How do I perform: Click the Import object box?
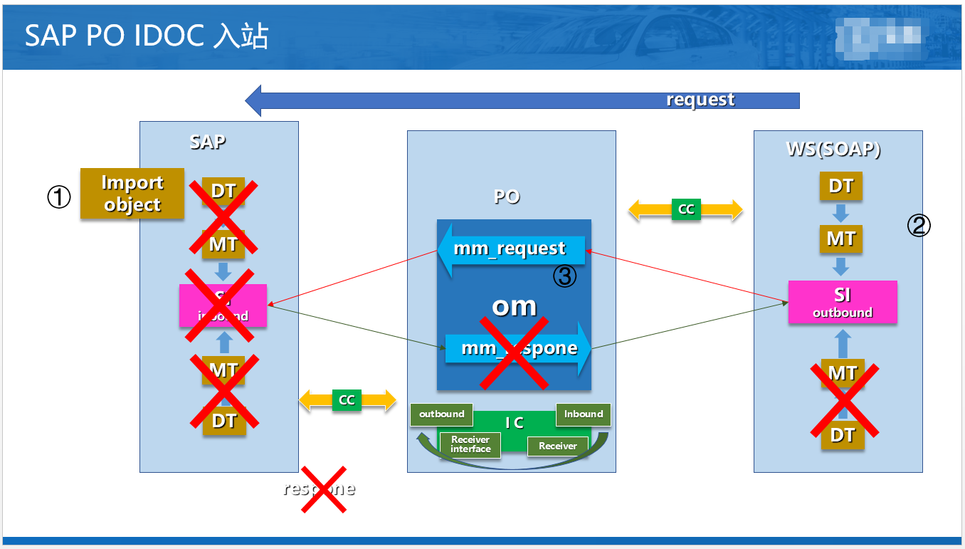click(x=132, y=194)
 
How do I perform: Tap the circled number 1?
click(x=59, y=197)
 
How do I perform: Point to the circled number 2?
click(x=918, y=226)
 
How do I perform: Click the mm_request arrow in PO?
click(x=510, y=249)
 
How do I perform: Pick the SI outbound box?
click(x=843, y=303)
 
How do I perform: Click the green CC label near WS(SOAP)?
click(x=686, y=209)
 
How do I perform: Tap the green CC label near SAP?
click(x=347, y=400)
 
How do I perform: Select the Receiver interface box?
click(x=470, y=444)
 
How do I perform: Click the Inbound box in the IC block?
click(x=583, y=414)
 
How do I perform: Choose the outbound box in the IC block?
click(x=441, y=414)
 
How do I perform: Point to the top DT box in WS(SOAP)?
click(x=841, y=187)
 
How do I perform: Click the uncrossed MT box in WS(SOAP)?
click(x=841, y=239)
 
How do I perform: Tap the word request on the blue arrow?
click(x=700, y=100)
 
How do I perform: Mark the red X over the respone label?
click(x=323, y=489)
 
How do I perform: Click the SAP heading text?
click(x=208, y=142)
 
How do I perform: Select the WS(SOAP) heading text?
click(x=833, y=150)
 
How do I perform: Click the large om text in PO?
click(x=514, y=305)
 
